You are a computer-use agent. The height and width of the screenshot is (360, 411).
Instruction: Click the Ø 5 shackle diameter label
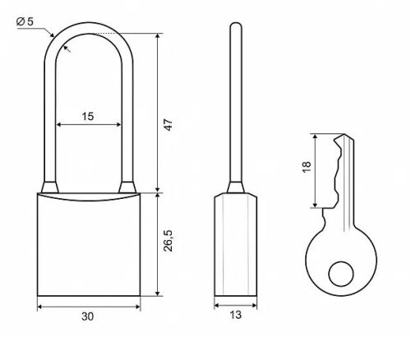(x=25, y=21)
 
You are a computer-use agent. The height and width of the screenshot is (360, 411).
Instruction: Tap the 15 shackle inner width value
(x=88, y=117)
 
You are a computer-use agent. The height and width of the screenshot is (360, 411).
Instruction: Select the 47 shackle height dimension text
(x=168, y=125)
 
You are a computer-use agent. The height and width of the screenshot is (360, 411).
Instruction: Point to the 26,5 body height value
(x=168, y=241)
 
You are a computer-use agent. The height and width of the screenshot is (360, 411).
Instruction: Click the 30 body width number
(x=88, y=316)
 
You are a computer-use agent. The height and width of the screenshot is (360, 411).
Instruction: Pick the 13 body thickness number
(x=235, y=315)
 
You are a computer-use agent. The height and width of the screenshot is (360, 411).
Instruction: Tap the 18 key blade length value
(x=307, y=167)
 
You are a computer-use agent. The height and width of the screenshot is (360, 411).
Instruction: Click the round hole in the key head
(x=341, y=274)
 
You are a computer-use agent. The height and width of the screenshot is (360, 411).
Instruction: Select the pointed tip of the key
(x=343, y=134)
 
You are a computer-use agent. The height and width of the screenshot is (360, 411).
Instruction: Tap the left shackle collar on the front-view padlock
(x=50, y=187)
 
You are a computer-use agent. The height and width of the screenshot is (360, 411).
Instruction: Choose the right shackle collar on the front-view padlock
(x=127, y=187)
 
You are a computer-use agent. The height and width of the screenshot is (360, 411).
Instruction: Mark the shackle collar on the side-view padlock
(x=236, y=187)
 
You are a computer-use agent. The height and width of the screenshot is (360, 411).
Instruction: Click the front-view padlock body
(x=89, y=245)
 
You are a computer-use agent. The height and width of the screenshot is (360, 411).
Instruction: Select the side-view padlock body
(x=236, y=245)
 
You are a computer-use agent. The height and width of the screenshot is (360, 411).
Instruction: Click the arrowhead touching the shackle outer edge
(x=52, y=35)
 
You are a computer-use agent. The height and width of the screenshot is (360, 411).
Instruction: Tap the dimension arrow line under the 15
(x=89, y=125)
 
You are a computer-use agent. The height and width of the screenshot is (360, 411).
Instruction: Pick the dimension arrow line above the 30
(x=89, y=307)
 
